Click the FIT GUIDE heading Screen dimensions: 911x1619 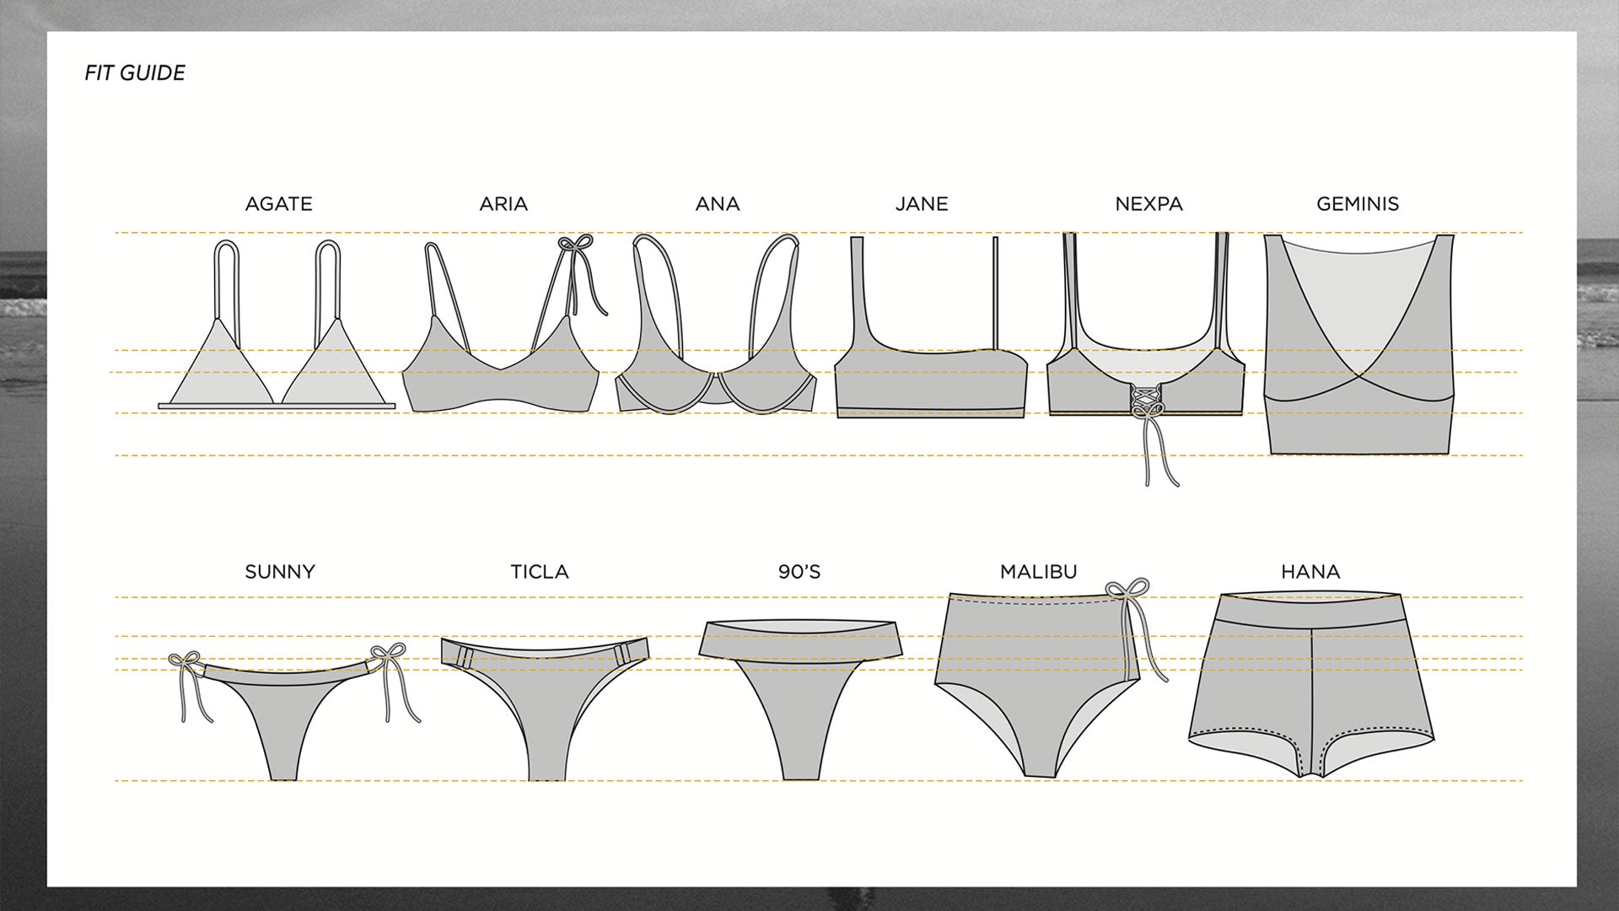[x=135, y=73]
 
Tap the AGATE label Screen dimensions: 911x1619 [x=278, y=204]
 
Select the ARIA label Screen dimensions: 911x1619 [x=503, y=204]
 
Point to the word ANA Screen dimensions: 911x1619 [x=718, y=204]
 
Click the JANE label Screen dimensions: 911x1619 [x=922, y=204]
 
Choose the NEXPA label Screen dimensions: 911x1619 [x=1148, y=204]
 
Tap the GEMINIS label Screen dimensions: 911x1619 [x=1358, y=204]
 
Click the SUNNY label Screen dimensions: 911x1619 [x=280, y=572]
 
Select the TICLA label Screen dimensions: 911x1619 [x=540, y=572]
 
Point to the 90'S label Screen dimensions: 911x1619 [x=799, y=572]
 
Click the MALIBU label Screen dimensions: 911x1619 [x=1038, y=572]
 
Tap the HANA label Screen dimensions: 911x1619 [x=1310, y=572]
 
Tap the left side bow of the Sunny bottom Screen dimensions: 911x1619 [x=183, y=661]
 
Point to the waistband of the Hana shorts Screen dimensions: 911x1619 [x=1310, y=610]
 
